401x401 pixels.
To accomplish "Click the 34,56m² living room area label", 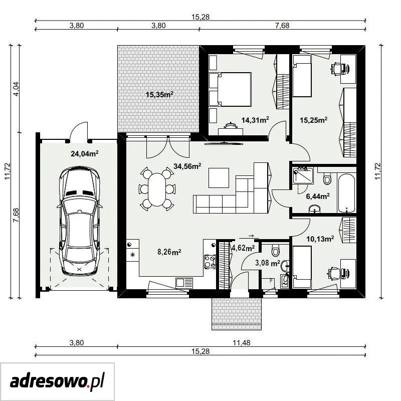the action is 187,166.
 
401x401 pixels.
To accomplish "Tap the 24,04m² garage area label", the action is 85,153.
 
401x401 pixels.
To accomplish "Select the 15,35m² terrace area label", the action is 159,95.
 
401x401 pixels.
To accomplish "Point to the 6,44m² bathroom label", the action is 318,196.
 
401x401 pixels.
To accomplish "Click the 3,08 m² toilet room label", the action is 268,263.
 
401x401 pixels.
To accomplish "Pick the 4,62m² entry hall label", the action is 243,248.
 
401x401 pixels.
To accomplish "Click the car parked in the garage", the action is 79,222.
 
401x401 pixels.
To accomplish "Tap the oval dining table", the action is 157,189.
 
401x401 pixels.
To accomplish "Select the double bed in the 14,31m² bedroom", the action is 230,89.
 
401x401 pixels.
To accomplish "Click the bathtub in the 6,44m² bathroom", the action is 347,193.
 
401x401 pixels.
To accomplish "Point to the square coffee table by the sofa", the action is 219,178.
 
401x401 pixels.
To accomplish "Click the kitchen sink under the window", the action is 184,283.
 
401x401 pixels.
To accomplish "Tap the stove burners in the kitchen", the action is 210,262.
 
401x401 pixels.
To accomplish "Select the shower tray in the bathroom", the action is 303,175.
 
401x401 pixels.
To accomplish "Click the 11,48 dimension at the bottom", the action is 242,342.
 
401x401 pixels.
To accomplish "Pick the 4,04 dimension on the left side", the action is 16,89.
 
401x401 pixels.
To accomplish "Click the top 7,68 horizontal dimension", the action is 282,26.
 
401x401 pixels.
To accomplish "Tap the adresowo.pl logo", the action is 57,381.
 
